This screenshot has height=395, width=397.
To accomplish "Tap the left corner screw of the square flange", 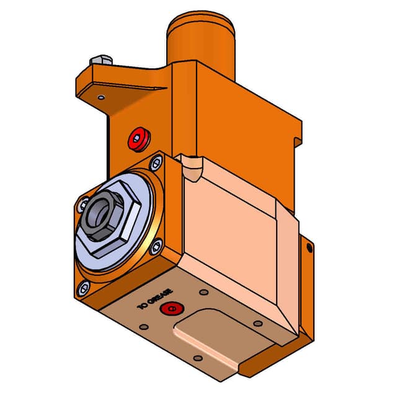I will [x=83, y=203].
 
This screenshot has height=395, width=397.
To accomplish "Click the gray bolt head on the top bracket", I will [x=99, y=61].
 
